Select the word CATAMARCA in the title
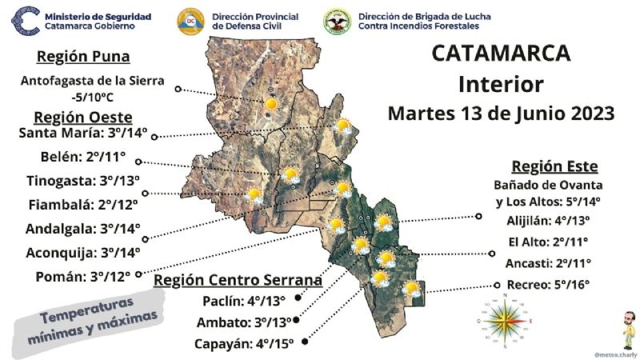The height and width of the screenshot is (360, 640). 501,54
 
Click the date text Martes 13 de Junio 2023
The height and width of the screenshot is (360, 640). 501,113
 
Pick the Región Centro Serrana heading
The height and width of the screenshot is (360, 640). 238,280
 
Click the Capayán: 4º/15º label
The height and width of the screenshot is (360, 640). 243,344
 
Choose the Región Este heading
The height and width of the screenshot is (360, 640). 554,166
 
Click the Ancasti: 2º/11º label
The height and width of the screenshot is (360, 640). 553,263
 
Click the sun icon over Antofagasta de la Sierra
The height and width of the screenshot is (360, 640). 272,103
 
